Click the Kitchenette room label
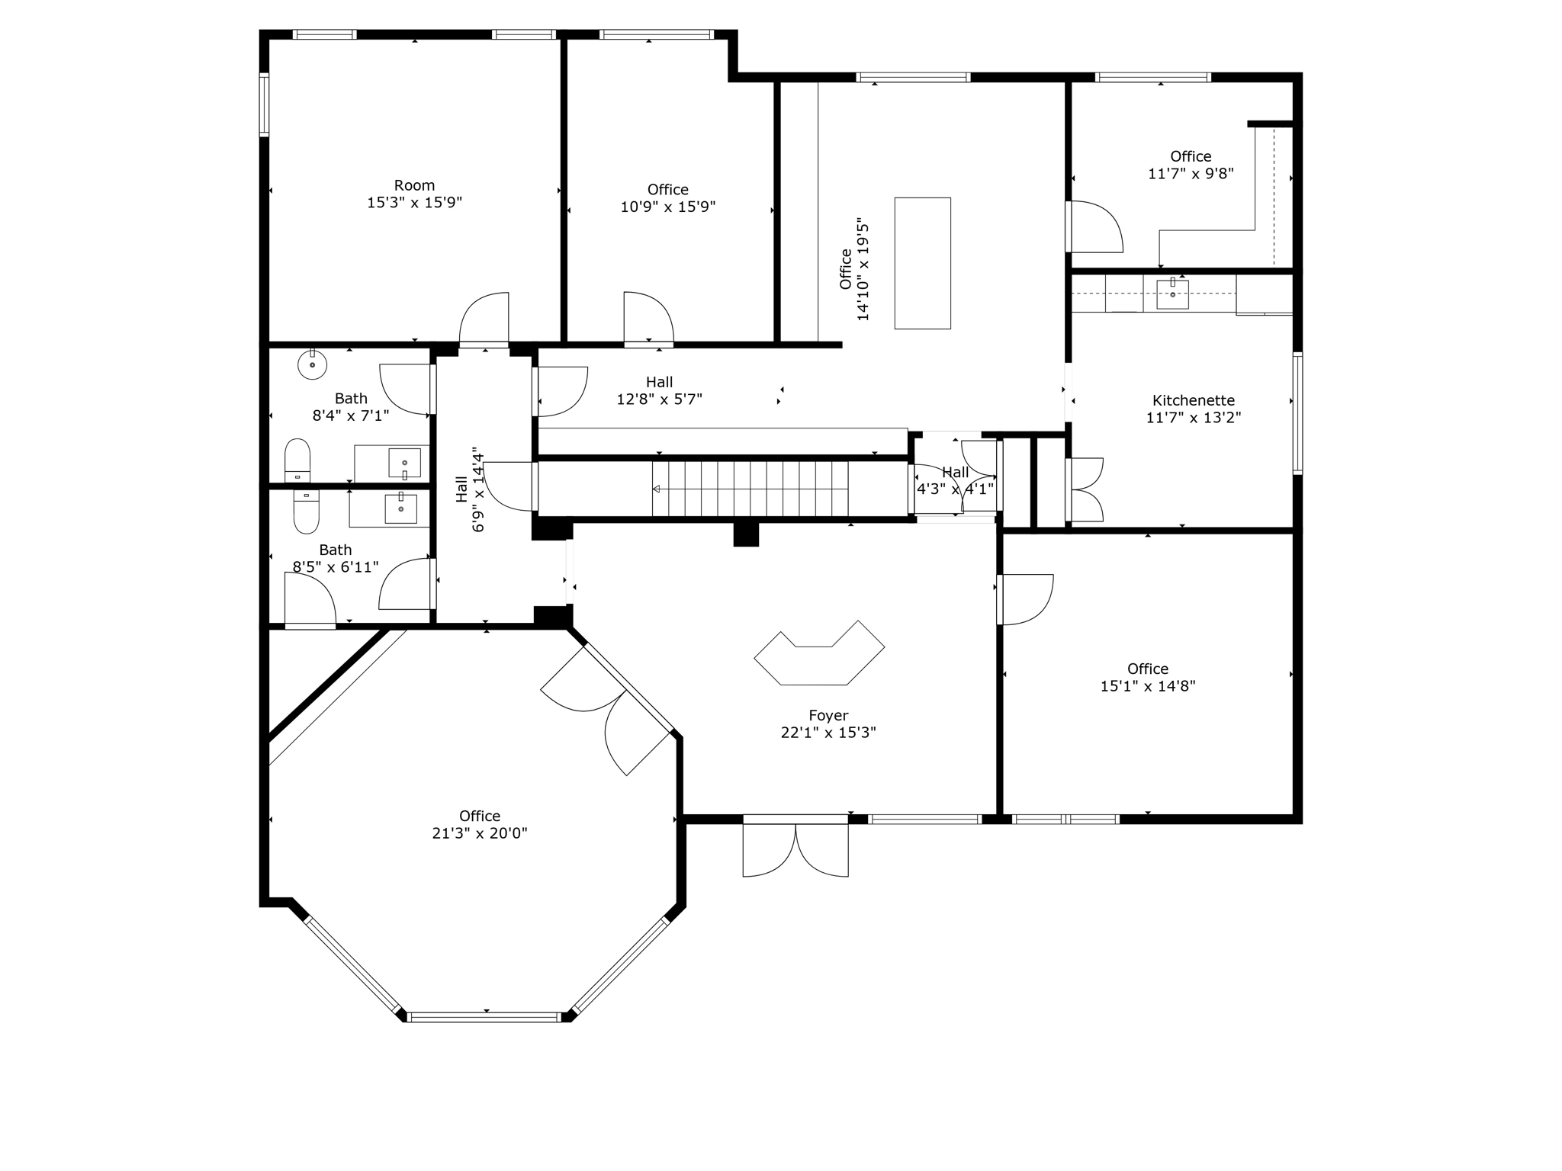click(1193, 400)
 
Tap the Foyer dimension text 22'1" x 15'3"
click(828, 733)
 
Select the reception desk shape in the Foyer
click(819, 656)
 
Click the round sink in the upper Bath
click(312, 364)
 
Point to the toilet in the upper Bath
click(297, 460)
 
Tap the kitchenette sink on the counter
click(1172, 294)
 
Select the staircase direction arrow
click(657, 489)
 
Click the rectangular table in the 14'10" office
click(922, 263)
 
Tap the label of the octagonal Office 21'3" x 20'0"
click(479, 824)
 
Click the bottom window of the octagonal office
click(484, 1017)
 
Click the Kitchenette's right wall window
click(1297, 413)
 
